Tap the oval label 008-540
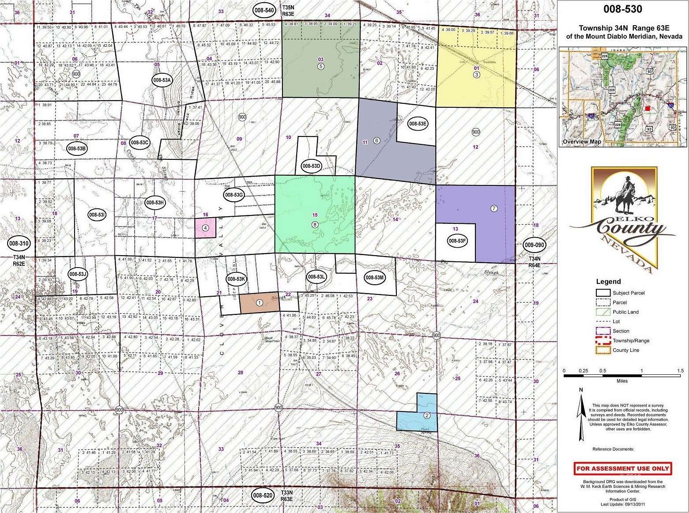(264, 10)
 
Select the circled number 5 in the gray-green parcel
(321, 66)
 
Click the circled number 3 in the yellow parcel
(476, 75)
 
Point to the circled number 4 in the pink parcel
(205, 228)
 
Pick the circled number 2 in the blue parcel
(427, 415)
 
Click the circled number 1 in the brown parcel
(260, 303)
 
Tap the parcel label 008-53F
(457, 241)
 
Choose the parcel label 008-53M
(375, 277)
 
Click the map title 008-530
(622, 9)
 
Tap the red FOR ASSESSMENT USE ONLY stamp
(622, 468)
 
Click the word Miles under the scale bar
(622, 381)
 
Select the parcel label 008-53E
(417, 124)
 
